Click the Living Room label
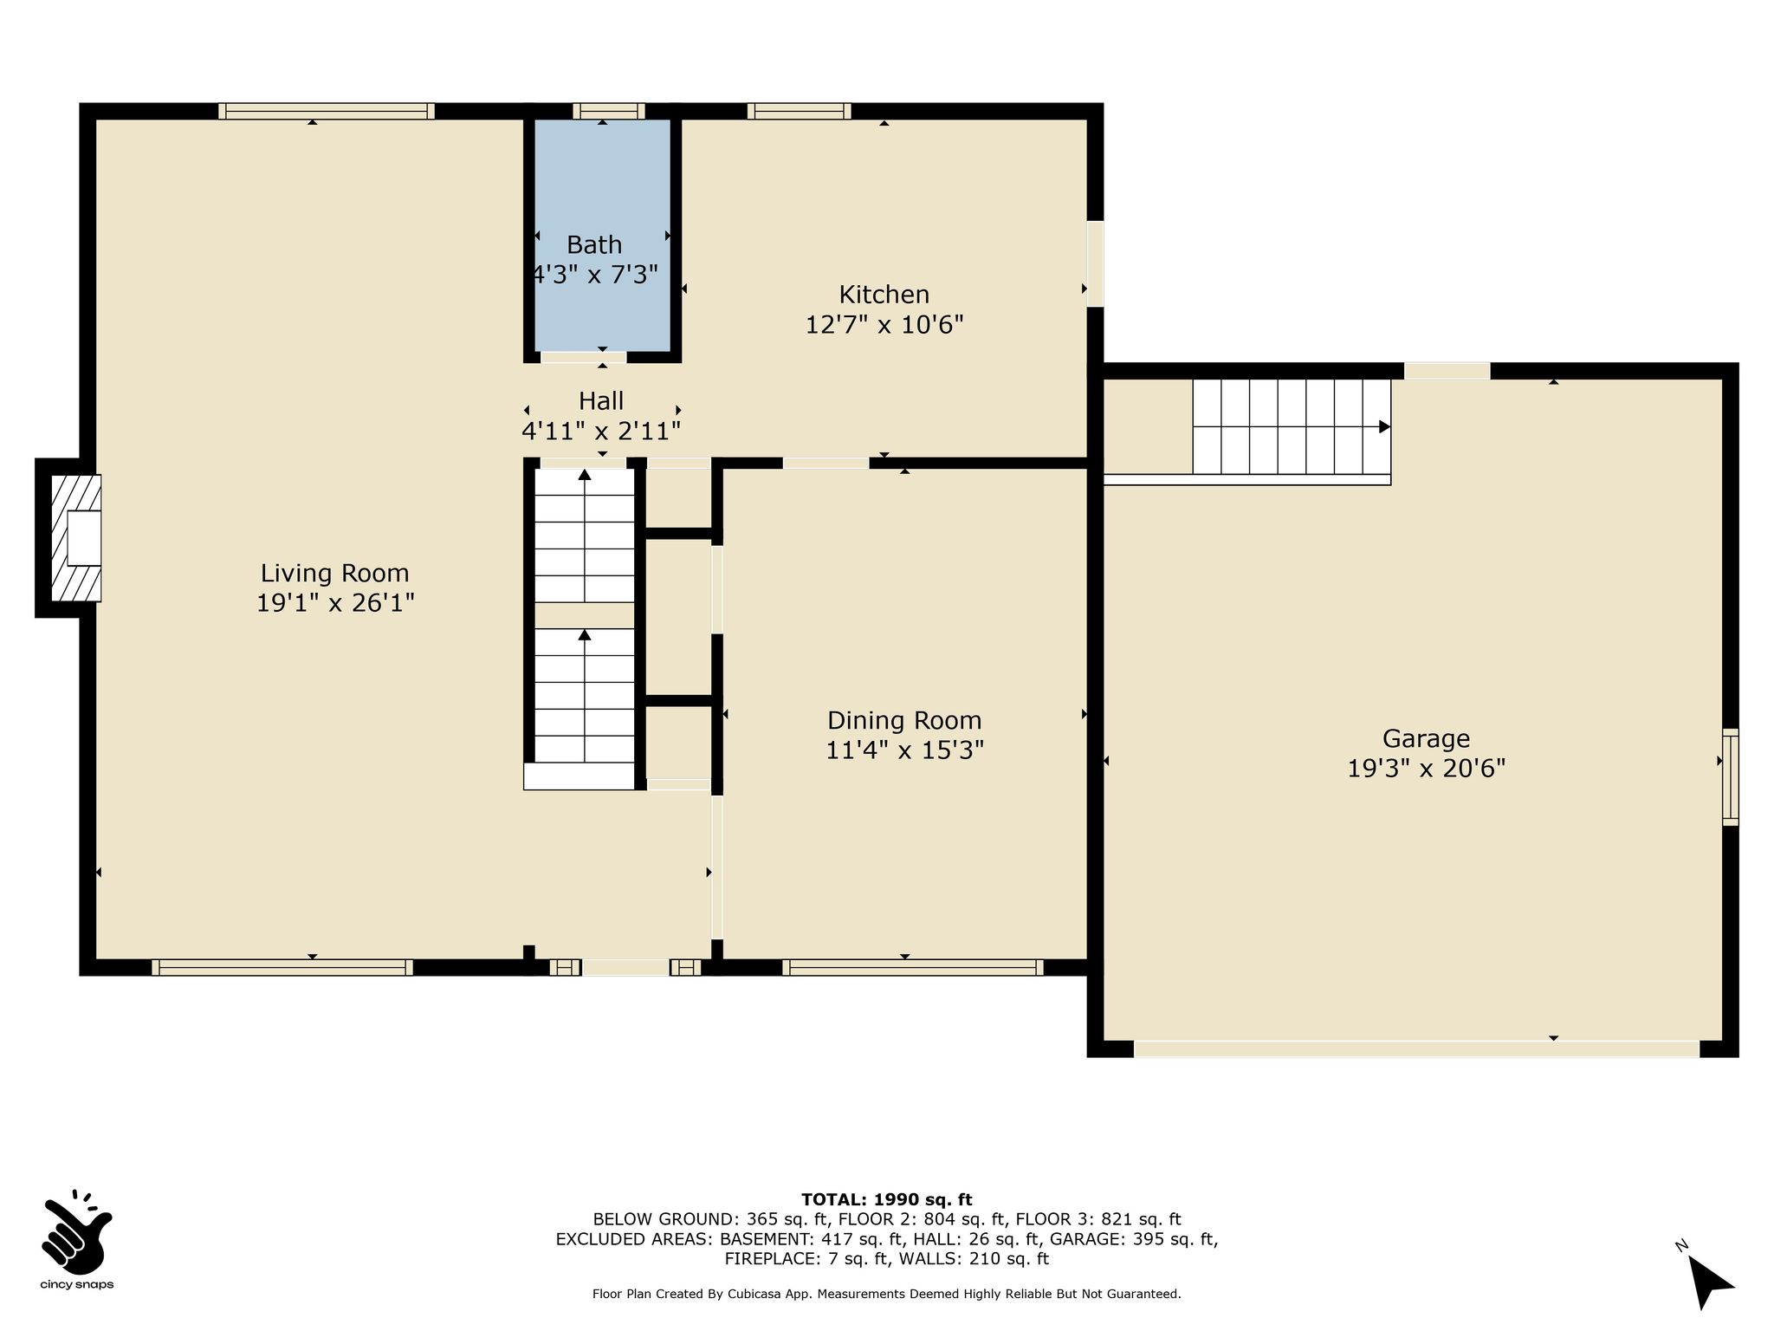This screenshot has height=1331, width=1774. tap(334, 573)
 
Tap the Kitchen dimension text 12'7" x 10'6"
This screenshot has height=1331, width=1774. tap(884, 325)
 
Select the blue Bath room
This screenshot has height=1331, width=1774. tap(602, 235)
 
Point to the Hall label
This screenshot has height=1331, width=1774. tap(601, 400)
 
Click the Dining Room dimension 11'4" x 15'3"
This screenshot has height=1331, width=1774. tap(904, 750)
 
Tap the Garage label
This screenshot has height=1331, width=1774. tap(1426, 739)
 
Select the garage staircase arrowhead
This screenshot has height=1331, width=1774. tap(1384, 427)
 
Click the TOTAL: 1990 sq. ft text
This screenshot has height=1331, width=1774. tap(887, 1199)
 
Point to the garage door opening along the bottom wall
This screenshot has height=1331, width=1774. tap(1416, 1049)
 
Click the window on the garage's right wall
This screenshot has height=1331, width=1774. tap(1730, 776)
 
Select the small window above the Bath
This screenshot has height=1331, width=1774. tap(608, 111)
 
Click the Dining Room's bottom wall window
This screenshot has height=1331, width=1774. tap(913, 967)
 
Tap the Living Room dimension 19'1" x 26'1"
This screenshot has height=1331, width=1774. tap(335, 602)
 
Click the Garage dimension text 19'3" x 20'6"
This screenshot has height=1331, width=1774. tap(1427, 769)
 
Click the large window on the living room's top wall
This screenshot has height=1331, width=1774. tap(327, 111)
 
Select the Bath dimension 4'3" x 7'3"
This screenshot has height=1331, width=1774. tap(595, 275)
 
